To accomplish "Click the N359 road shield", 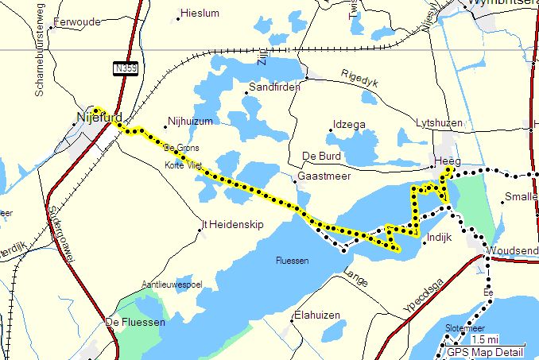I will click(125, 69).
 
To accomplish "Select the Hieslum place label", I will click(200, 14).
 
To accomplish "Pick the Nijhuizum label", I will click(191, 122).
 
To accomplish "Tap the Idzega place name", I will click(350, 125).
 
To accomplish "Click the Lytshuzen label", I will click(438, 123).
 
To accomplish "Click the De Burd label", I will click(321, 155).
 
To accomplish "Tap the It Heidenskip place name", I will click(231, 226).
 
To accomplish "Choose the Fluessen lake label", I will click(292, 261).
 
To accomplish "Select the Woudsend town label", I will click(513, 250).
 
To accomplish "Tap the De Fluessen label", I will click(135, 322).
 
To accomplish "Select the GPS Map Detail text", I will click(485, 353).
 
